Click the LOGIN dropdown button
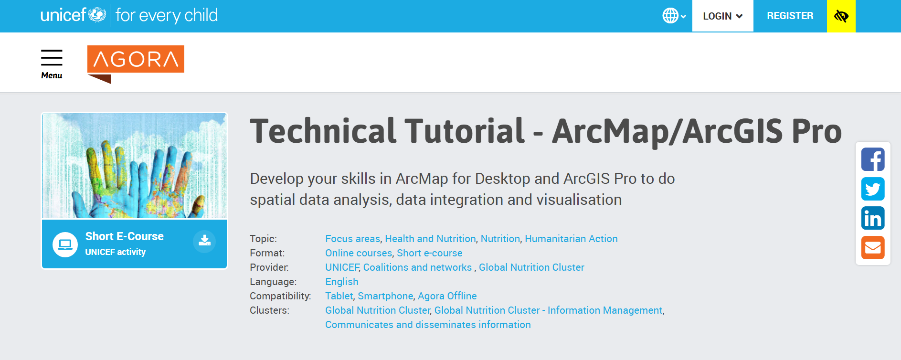coord(722,16)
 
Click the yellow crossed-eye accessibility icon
coord(841,16)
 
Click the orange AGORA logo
coord(136,64)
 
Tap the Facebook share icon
coord(873,159)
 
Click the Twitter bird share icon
coord(873,189)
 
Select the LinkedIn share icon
coord(873,218)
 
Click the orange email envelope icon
coord(873,247)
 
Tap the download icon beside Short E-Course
coord(204,241)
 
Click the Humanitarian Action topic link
coord(571,239)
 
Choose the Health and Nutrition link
coord(430,239)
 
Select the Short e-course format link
coord(430,253)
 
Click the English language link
coord(342,282)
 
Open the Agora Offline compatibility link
coord(447,296)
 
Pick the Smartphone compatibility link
coord(385,296)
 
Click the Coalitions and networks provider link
coord(417,267)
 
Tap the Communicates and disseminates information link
coord(428,325)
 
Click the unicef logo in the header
coord(73,15)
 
